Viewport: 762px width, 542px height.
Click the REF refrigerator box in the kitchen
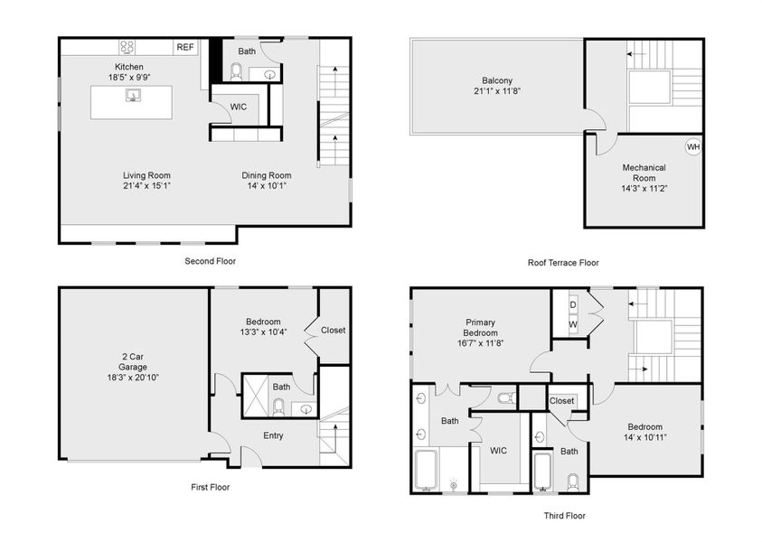[185, 47]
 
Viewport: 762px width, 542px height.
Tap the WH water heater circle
[692, 146]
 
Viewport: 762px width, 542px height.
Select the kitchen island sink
[132, 94]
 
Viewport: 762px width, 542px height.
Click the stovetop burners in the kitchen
[127, 47]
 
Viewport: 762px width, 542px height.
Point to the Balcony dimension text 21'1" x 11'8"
[497, 91]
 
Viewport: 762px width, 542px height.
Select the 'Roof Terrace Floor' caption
[563, 263]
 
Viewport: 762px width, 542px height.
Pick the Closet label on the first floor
[333, 330]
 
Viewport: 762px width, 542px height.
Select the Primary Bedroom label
[480, 327]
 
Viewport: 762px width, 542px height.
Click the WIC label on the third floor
[498, 448]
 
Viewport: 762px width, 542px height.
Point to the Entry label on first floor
[273, 435]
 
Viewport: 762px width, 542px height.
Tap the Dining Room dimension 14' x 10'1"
[266, 186]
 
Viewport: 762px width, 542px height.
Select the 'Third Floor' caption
[563, 516]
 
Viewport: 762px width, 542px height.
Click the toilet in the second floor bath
[237, 71]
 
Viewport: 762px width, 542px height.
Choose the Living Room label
[146, 175]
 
